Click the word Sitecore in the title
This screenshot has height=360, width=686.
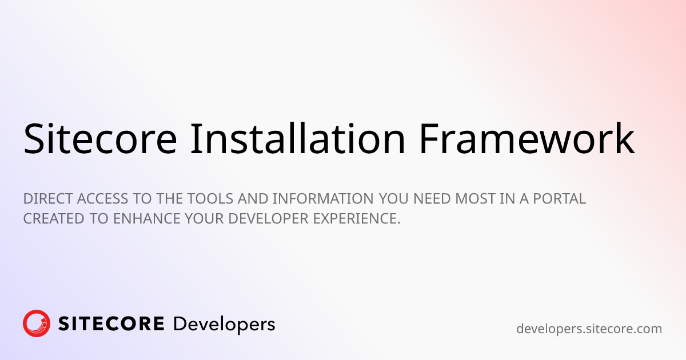100,139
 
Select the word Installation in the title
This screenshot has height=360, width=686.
298,138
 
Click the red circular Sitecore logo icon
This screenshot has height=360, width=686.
37,323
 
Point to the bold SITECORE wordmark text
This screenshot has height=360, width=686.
111,324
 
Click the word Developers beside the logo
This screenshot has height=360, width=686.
224,325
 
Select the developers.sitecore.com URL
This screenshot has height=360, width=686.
589,329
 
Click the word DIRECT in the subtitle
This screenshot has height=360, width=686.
48,199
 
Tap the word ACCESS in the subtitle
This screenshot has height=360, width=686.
102,199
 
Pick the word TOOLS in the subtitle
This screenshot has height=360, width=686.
210,199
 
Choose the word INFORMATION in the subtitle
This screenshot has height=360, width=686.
323,199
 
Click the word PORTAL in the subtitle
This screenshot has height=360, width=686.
560,199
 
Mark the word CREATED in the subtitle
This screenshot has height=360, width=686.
54,219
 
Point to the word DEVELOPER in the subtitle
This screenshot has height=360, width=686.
268,219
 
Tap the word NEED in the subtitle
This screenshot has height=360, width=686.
432,199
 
